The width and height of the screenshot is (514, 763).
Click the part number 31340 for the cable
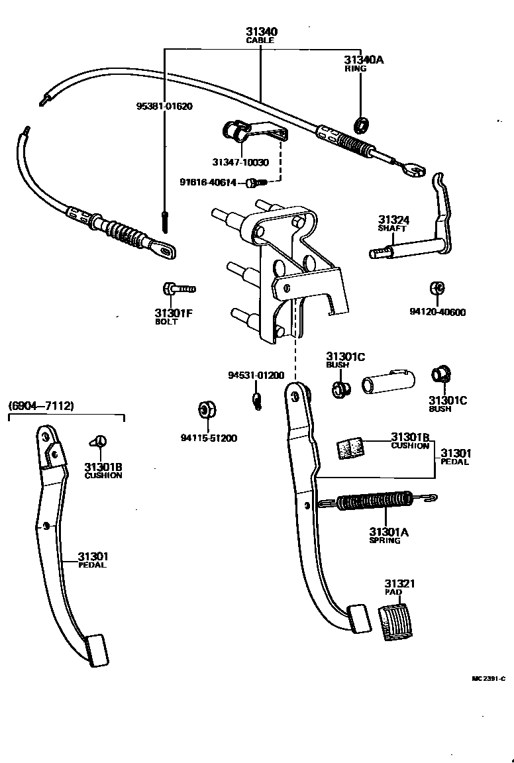point(261,31)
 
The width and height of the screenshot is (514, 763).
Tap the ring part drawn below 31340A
point(362,123)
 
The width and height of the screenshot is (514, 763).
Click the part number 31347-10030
point(240,162)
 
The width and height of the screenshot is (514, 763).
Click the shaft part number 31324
point(395,220)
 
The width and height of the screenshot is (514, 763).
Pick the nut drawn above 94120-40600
point(437,289)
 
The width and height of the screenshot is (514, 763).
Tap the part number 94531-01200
point(256,375)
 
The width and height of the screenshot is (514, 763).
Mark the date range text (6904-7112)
point(41,405)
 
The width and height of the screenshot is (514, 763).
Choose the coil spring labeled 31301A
point(371,503)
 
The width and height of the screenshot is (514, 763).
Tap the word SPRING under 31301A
point(385,540)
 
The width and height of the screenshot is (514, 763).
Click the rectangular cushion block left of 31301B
point(352,448)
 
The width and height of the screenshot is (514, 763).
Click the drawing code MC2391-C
point(488,678)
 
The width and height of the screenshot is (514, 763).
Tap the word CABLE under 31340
point(260,40)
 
